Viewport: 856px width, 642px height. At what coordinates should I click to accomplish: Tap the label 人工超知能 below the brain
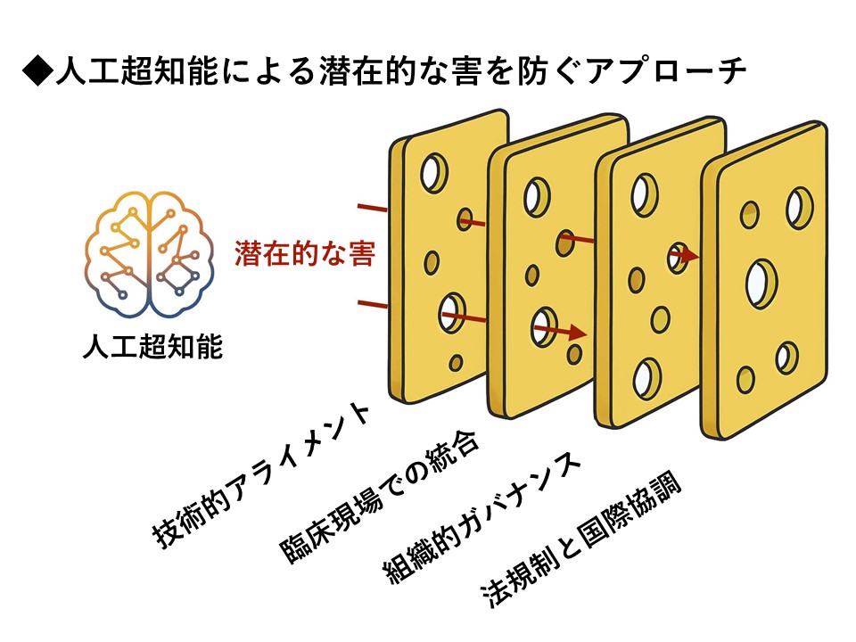tap(151, 346)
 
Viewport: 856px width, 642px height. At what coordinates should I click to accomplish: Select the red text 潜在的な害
tap(304, 254)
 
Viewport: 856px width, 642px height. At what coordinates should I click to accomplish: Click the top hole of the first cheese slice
tap(434, 170)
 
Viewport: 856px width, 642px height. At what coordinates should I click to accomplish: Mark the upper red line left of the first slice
tap(373, 210)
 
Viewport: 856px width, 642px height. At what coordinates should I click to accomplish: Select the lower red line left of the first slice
tap(373, 305)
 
